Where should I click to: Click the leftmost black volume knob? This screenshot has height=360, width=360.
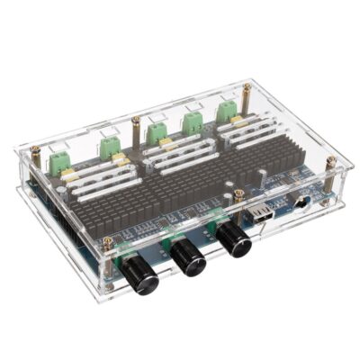(x=140, y=275)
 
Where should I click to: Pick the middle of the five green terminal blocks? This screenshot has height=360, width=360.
(x=157, y=132)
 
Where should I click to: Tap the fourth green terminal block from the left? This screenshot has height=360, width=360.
(x=193, y=121)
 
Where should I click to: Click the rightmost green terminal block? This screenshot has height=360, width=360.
(x=226, y=110)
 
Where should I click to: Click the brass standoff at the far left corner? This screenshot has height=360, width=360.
(x=33, y=155)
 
